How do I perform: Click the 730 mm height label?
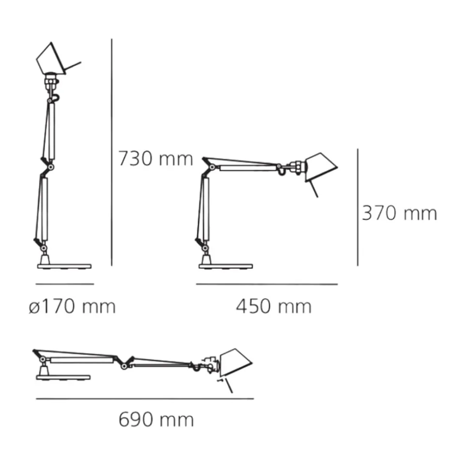[156, 158]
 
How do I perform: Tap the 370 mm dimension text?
[399, 213]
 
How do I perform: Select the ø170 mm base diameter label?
[72, 306]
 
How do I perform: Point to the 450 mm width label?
[274, 306]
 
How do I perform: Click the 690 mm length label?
[156, 419]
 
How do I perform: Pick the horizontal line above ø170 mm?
[64, 284]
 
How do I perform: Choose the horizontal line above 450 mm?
[266, 284]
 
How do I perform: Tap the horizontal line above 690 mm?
[145, 399]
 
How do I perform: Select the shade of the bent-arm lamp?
[320, 167]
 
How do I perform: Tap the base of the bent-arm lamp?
[225, 266]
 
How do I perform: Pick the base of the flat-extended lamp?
[63, 377]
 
